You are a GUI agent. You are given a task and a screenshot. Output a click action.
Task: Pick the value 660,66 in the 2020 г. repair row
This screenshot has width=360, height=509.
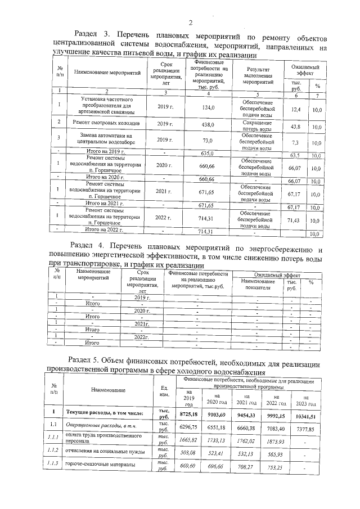click(208, 167)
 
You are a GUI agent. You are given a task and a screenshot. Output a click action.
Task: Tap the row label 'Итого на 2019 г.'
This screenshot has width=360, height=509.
click(104, 152)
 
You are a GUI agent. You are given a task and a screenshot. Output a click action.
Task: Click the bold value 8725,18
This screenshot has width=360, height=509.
click(190, 415)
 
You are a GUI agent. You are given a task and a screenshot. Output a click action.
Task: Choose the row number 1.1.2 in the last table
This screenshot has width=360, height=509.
click(54, 453)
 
